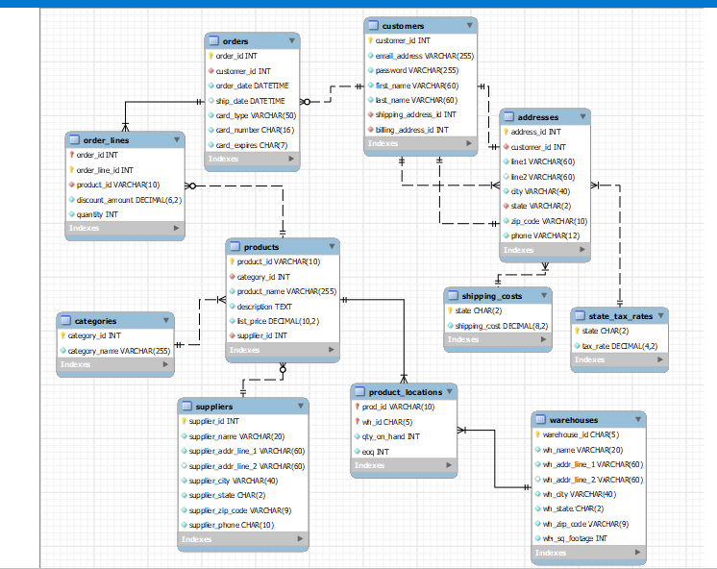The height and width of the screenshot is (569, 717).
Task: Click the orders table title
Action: click(235, 41)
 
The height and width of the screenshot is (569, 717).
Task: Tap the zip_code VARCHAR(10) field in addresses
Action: click(548, 221)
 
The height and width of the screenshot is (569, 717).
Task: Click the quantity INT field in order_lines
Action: click(97, 214)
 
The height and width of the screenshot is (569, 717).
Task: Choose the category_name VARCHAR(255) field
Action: click(118, 351)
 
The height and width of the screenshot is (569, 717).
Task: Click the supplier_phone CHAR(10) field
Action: click(231, 525)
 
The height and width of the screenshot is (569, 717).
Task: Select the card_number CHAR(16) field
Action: click(255, 130)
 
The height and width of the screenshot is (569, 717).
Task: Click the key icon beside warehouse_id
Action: click(538, 434)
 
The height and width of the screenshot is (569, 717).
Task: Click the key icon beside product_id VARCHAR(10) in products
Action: click(232, 261)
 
